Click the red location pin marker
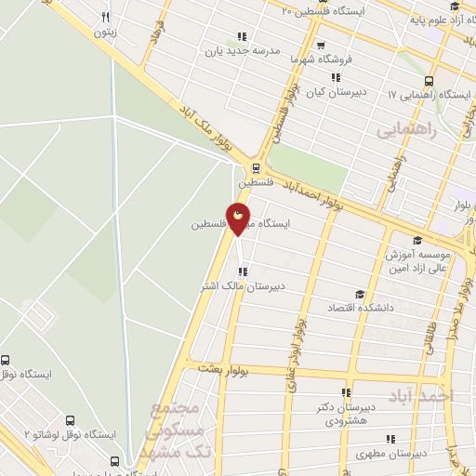(239, 219)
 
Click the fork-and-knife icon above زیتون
(105, 17)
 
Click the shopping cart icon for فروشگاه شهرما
(320, 44)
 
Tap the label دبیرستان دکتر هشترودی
(347, 414)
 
